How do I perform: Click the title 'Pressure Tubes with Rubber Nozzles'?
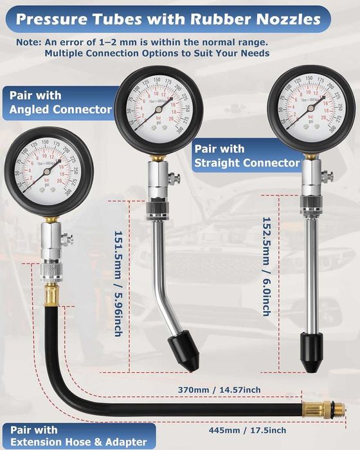click(x=168, y=19)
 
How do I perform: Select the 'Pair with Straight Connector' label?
click(x=247, y=156)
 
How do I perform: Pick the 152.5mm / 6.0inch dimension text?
click(x=265, y=266)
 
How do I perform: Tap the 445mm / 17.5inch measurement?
click(x=248, y=430)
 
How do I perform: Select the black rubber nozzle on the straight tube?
click(x=311, y=351)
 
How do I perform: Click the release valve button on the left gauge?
click(x=67, y=239)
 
